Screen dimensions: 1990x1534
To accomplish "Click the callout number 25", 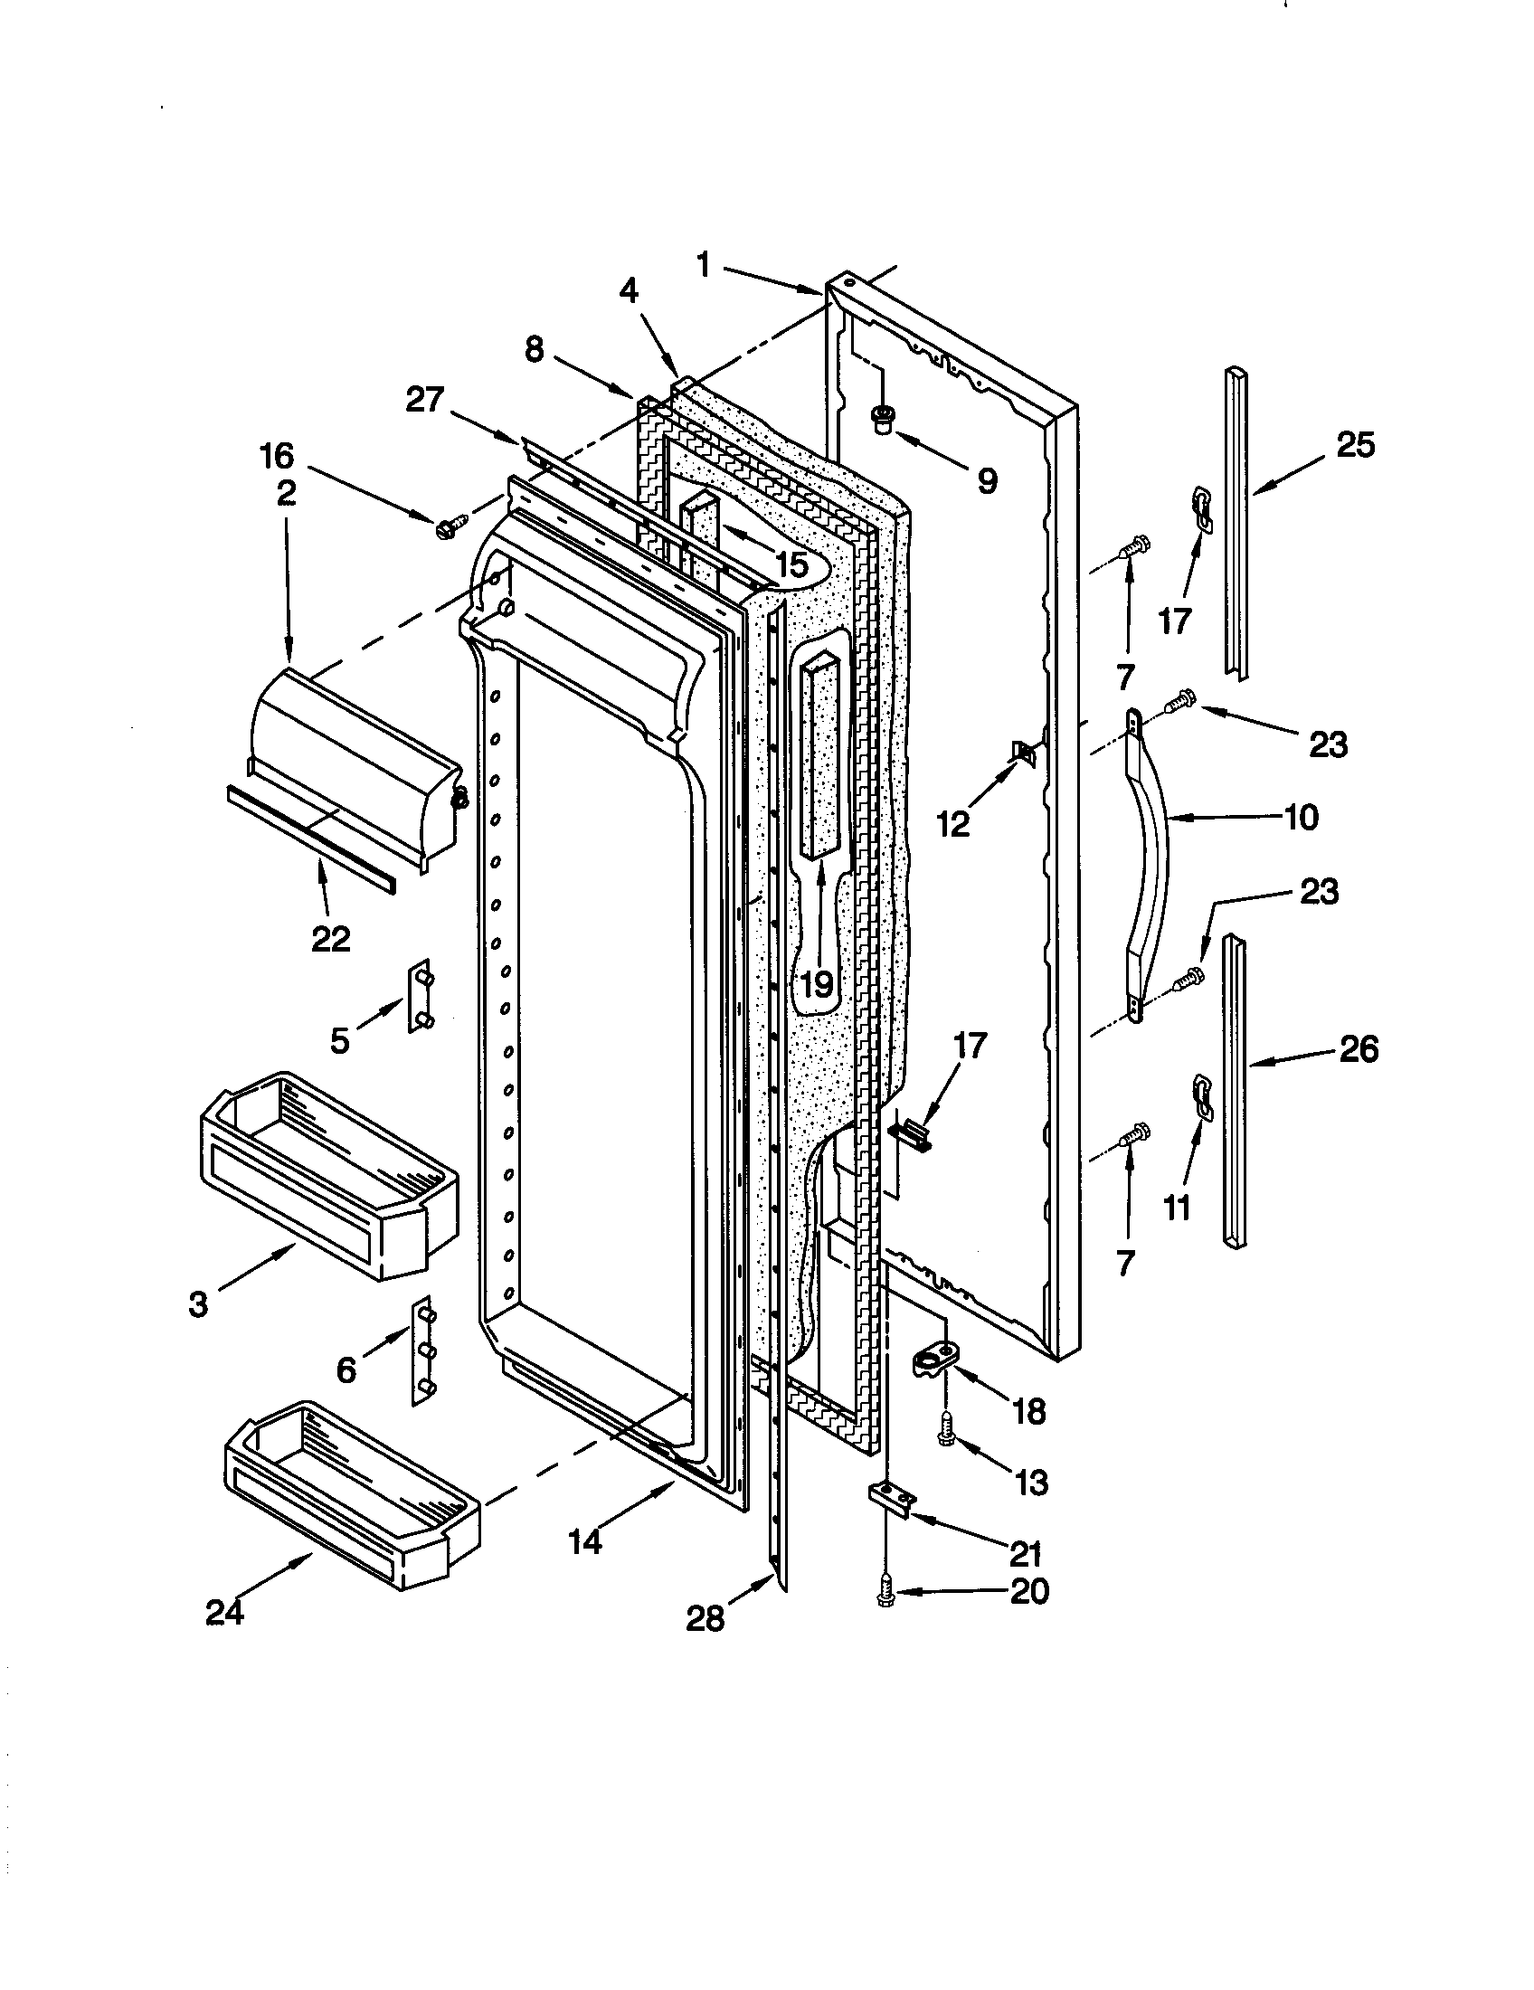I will point(1355,447).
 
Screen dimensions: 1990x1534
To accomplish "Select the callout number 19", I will point(817,983).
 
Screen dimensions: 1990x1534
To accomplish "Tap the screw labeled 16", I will point(452,526).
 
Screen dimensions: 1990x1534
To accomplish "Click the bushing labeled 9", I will point(881,420).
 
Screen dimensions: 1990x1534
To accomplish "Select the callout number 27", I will point(424,400).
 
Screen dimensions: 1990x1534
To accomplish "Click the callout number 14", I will point(586,1542).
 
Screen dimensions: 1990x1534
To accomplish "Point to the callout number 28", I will point(705,1618).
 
